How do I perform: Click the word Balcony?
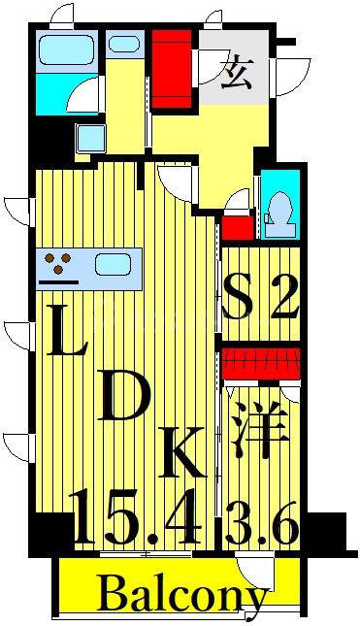tap(182, 593)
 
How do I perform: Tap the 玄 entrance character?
tap(234, 74)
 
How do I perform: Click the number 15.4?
tap(136, 518)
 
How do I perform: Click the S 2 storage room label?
tap(260, 297)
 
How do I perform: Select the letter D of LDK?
tap(125, 397)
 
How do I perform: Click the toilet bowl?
tap(280, 208)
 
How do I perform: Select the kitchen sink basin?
tap(116, 263)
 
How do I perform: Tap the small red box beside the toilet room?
tap(238, 228)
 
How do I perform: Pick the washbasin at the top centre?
tap(123, 44)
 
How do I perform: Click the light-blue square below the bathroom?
tap(90, 138)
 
